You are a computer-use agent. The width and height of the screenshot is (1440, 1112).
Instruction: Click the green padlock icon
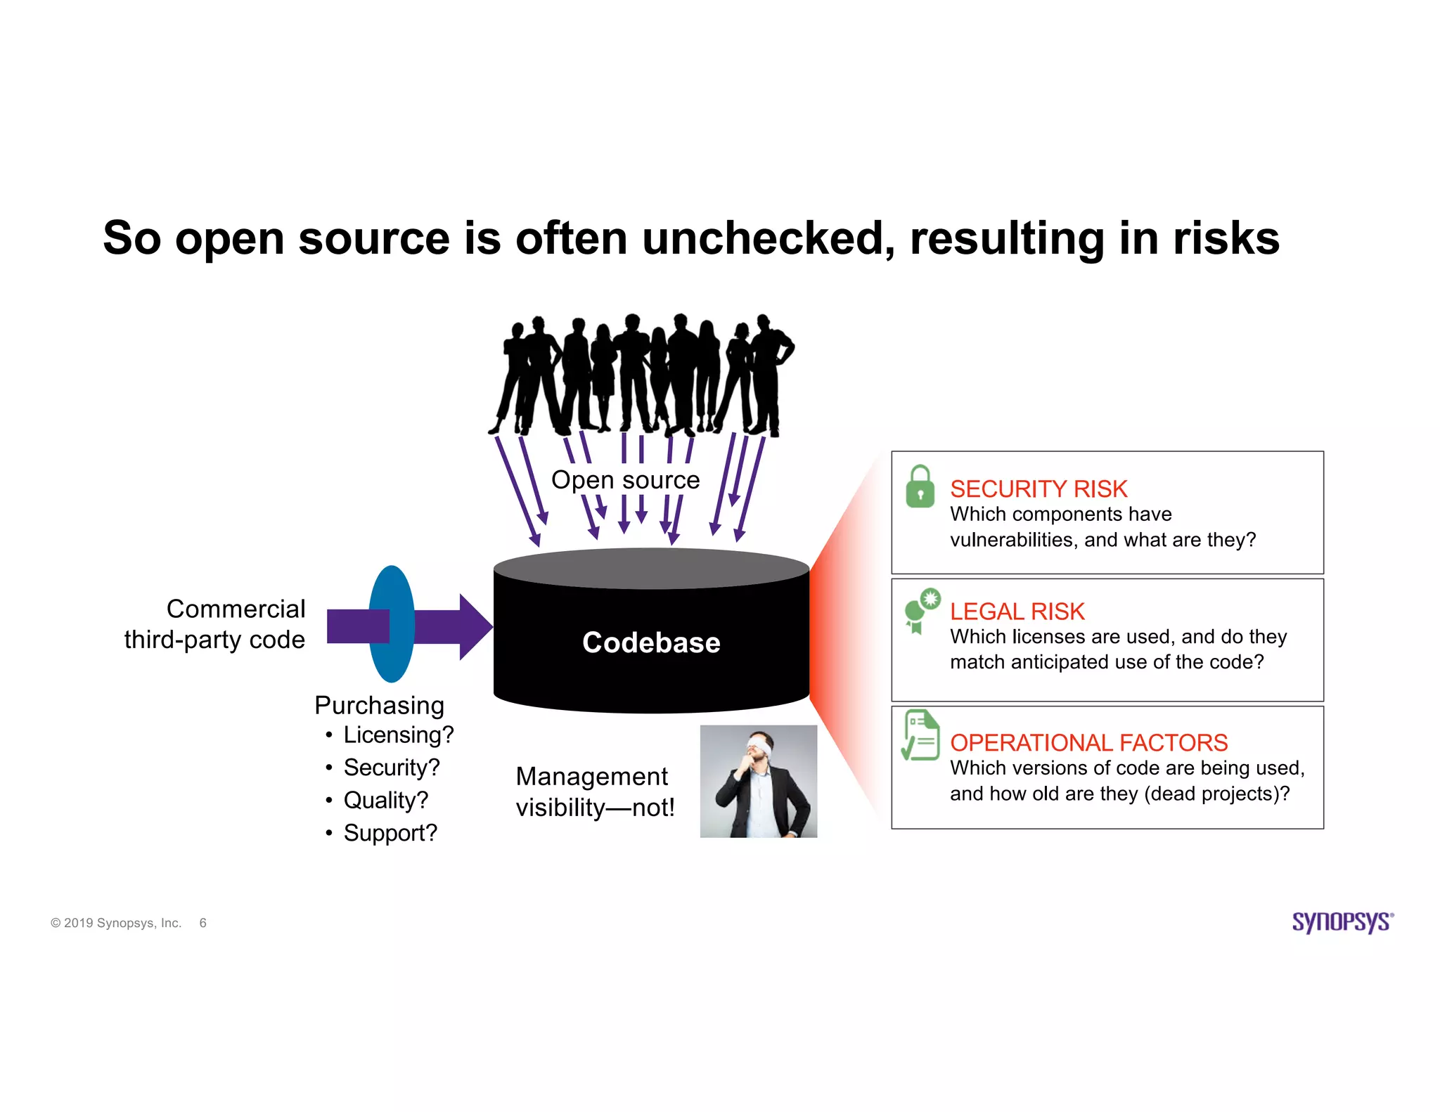(x=920, y=487)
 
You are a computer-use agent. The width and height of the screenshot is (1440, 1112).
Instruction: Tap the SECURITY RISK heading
(x=1038, y=489)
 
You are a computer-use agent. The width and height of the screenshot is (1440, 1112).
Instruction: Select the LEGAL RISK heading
(x=1017, y=612)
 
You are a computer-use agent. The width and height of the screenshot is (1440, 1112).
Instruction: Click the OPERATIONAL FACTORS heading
(x=1088, y=742)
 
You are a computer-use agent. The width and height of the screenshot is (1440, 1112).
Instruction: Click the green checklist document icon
(x=920, y=735)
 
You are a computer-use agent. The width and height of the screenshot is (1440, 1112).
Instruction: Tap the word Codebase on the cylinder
(x=651, y=642)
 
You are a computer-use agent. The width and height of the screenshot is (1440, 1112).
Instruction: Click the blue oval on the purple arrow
(x=392, y=624)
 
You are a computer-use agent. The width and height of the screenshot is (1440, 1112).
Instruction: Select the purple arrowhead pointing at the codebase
(x=474, y=626)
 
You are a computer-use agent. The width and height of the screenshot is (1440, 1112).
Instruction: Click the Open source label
(x=625, y=479)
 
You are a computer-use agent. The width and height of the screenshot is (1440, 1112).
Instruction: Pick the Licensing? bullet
(x=398, y=735)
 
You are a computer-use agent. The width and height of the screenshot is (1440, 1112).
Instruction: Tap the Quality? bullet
(x=385, y=800)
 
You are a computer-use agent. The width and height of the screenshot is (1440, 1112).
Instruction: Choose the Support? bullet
(x=390, y=833)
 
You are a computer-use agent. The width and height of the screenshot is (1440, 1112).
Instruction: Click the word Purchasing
(x=379, y=705)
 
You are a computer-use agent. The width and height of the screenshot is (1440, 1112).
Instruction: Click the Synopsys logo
(x=1342, y=922)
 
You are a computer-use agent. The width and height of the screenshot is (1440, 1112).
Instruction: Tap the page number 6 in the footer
(x=202, y=923)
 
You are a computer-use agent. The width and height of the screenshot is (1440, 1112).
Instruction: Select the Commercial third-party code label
(x=214, y=624)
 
